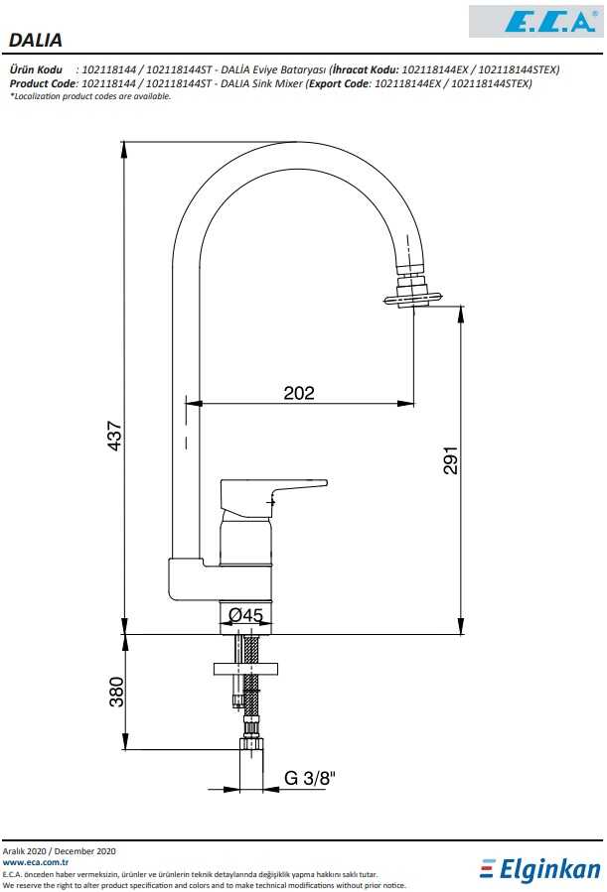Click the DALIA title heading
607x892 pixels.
(36, 40)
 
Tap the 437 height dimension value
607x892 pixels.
(115, 436)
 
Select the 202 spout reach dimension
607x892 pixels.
(299, 393)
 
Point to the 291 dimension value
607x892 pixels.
(450, 459)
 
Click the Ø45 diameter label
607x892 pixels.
(245, 615)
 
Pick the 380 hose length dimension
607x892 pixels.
(116, 692)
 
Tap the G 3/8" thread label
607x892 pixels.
(310, 778)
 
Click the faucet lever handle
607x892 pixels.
(273, 498)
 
